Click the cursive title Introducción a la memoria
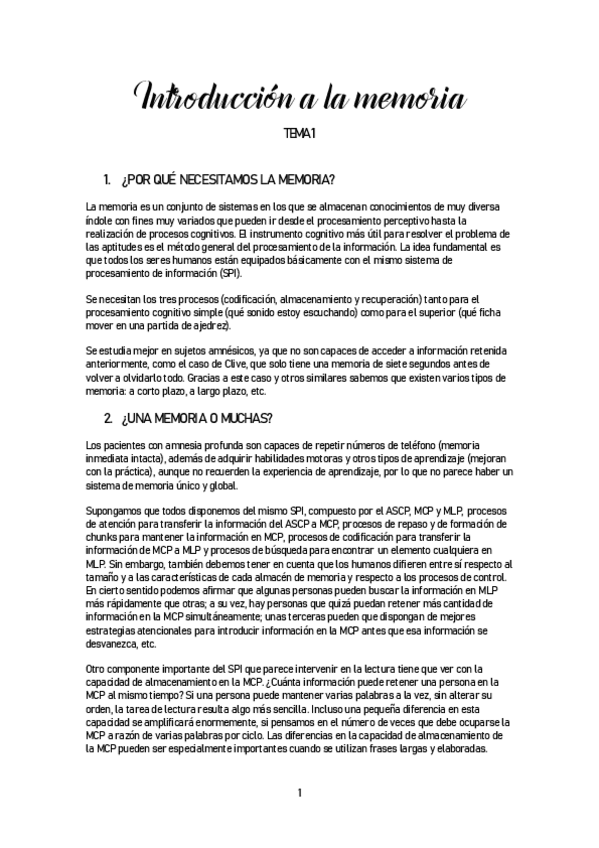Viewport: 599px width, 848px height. tap(299, 99)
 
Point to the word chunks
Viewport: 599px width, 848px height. tap(105, 537)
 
